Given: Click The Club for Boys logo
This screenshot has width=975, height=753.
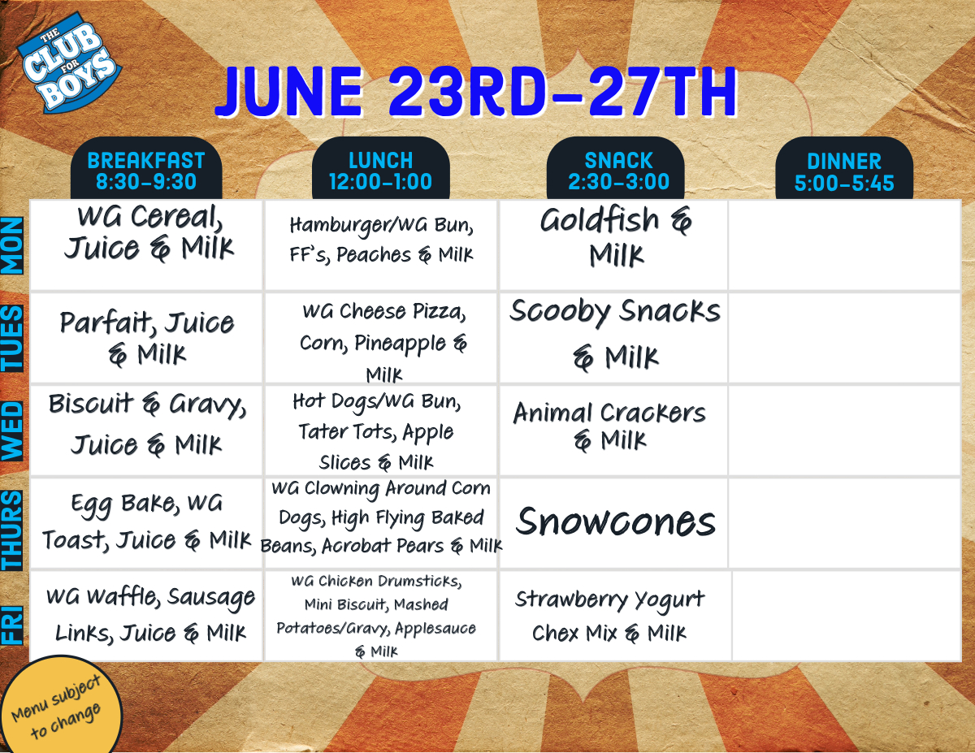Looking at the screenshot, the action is [x=70, y=63].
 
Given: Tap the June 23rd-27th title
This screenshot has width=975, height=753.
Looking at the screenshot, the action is [x=476, y=93].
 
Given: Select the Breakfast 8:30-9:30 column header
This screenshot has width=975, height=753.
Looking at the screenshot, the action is [x=146, y=169].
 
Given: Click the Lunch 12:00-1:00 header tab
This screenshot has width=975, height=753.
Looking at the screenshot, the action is [x=380, y=169].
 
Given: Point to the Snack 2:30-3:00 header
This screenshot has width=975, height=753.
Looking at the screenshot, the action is [x=615, y=169].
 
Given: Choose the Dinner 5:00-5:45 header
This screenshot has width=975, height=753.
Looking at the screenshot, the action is [x=844, y=169].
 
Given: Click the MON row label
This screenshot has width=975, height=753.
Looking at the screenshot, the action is [x=12, y=246].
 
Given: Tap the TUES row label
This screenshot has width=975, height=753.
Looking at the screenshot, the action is [x=12, y=339].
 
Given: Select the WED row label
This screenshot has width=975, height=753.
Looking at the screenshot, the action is [x=12, y=431].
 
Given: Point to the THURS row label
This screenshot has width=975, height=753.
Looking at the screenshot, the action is [x=12, y=530].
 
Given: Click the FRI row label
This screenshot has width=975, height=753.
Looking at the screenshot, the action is [x=12, y=625].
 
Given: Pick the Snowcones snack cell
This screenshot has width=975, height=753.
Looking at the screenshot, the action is [x=615, y=523].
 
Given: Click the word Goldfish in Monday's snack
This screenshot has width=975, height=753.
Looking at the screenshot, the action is [x=599, y=220].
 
